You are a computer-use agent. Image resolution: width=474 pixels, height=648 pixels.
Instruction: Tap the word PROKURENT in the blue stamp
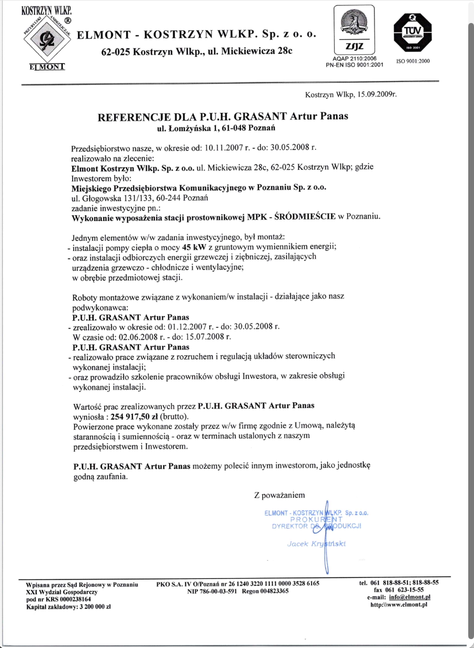pos(317,519)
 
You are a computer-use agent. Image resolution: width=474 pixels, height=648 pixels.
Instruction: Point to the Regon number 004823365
pos(270,591)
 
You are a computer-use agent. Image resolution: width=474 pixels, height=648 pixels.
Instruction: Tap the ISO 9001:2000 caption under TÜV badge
pos(413,61)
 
